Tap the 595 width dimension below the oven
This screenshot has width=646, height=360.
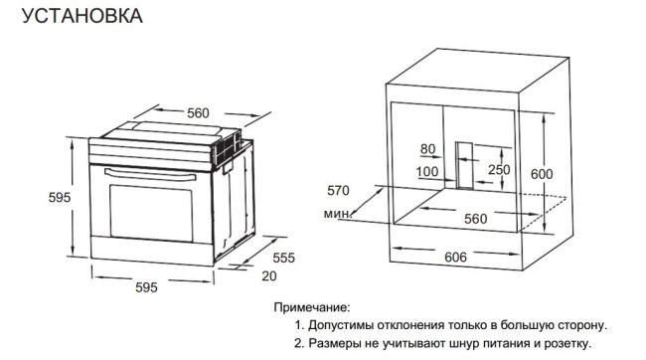point(146,287)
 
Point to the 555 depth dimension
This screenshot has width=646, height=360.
point(284,258)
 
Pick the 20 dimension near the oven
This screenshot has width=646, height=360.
point(269,275)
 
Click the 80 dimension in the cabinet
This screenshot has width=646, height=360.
point(428,149)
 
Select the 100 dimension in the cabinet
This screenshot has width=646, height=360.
point(427,171)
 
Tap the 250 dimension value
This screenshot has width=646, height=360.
point(498,170)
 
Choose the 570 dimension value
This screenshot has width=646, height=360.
point(340,190)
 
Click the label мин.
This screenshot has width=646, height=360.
point(335,214)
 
